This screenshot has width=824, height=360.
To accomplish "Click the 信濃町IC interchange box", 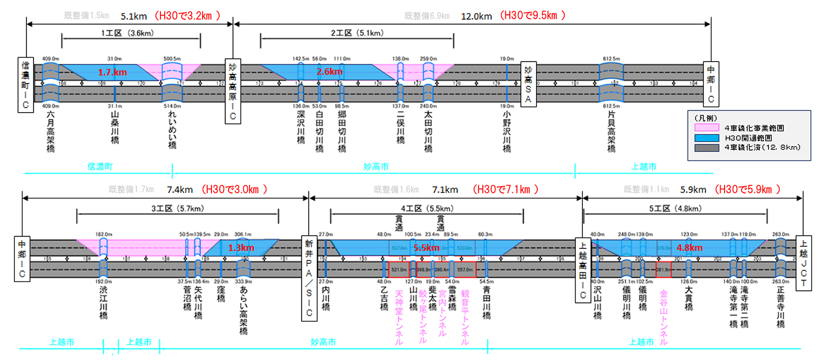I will click(25, 84).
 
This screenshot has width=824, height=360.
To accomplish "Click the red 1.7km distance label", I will click(112, 72).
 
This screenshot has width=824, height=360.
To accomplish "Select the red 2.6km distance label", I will click(329, 71).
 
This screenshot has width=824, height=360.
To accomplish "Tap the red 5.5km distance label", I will click(427, 248).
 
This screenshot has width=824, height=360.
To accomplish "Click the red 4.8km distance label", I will click(689, 248).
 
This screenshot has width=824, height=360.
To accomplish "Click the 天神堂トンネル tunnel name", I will click(399, 318).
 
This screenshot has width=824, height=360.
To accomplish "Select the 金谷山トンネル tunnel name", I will click(663, 318).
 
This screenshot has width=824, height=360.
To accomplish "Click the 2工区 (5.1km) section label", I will click(357, 34).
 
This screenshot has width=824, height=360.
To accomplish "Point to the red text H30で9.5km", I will click(533, 16).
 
